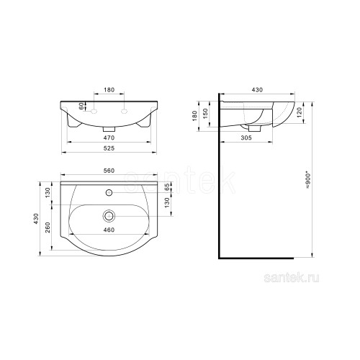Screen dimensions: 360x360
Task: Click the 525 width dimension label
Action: coord(109,148)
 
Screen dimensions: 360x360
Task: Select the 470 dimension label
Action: coord(109,138)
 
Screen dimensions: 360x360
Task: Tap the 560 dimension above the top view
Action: coord(109,171)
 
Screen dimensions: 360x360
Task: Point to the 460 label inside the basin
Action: coord(109,230)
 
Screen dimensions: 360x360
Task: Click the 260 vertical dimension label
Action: coord(48,228)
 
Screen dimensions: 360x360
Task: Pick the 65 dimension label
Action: coord(167,187)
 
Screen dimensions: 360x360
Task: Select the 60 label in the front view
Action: coord(81,106)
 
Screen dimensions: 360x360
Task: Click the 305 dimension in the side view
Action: coord(246,138)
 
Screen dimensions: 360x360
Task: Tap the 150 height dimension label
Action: coord(205,114)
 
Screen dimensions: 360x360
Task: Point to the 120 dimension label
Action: coord(299,113)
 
